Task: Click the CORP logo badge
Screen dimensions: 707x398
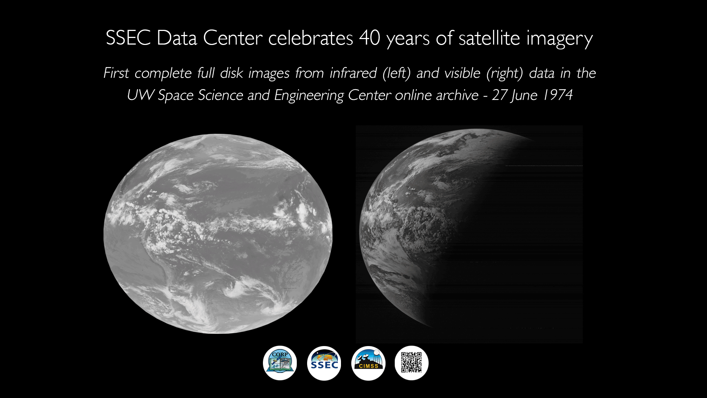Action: pyautogui.click(x=280, y=363)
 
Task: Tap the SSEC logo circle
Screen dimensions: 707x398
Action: pyautogui.click(x=324, y=363)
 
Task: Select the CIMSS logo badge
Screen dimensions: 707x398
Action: pyautogui.click(x=368, y=363)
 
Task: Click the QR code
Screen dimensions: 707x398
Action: pyautogui.click(x=411, y=363)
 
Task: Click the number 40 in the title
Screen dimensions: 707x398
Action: pyautogui.click(x=369, y=38)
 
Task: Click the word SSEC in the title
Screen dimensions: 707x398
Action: pyautogui.click(x=128, y=38)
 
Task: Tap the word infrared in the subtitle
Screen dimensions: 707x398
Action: pyautogui.click(x=353, y=73)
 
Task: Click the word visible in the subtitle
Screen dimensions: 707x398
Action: pyautogui.click(x=462, y=73)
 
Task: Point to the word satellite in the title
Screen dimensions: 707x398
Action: pyautogui.click(x=489, y=38)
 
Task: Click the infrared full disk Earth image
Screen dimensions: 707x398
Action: pyautogui.click(x=218, y=234)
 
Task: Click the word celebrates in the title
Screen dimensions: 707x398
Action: pyautogui.click(x=310, y=38)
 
